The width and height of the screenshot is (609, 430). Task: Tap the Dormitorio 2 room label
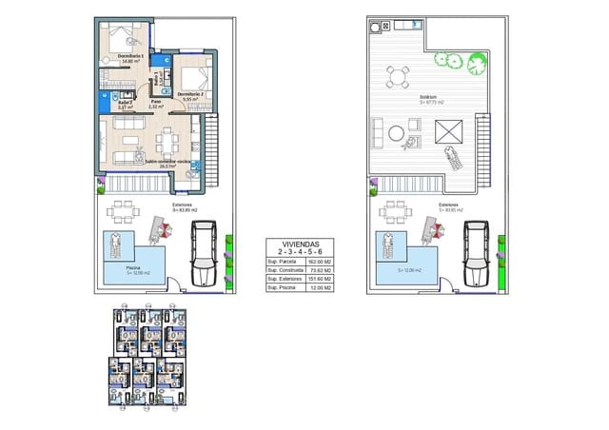(191, 94)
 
